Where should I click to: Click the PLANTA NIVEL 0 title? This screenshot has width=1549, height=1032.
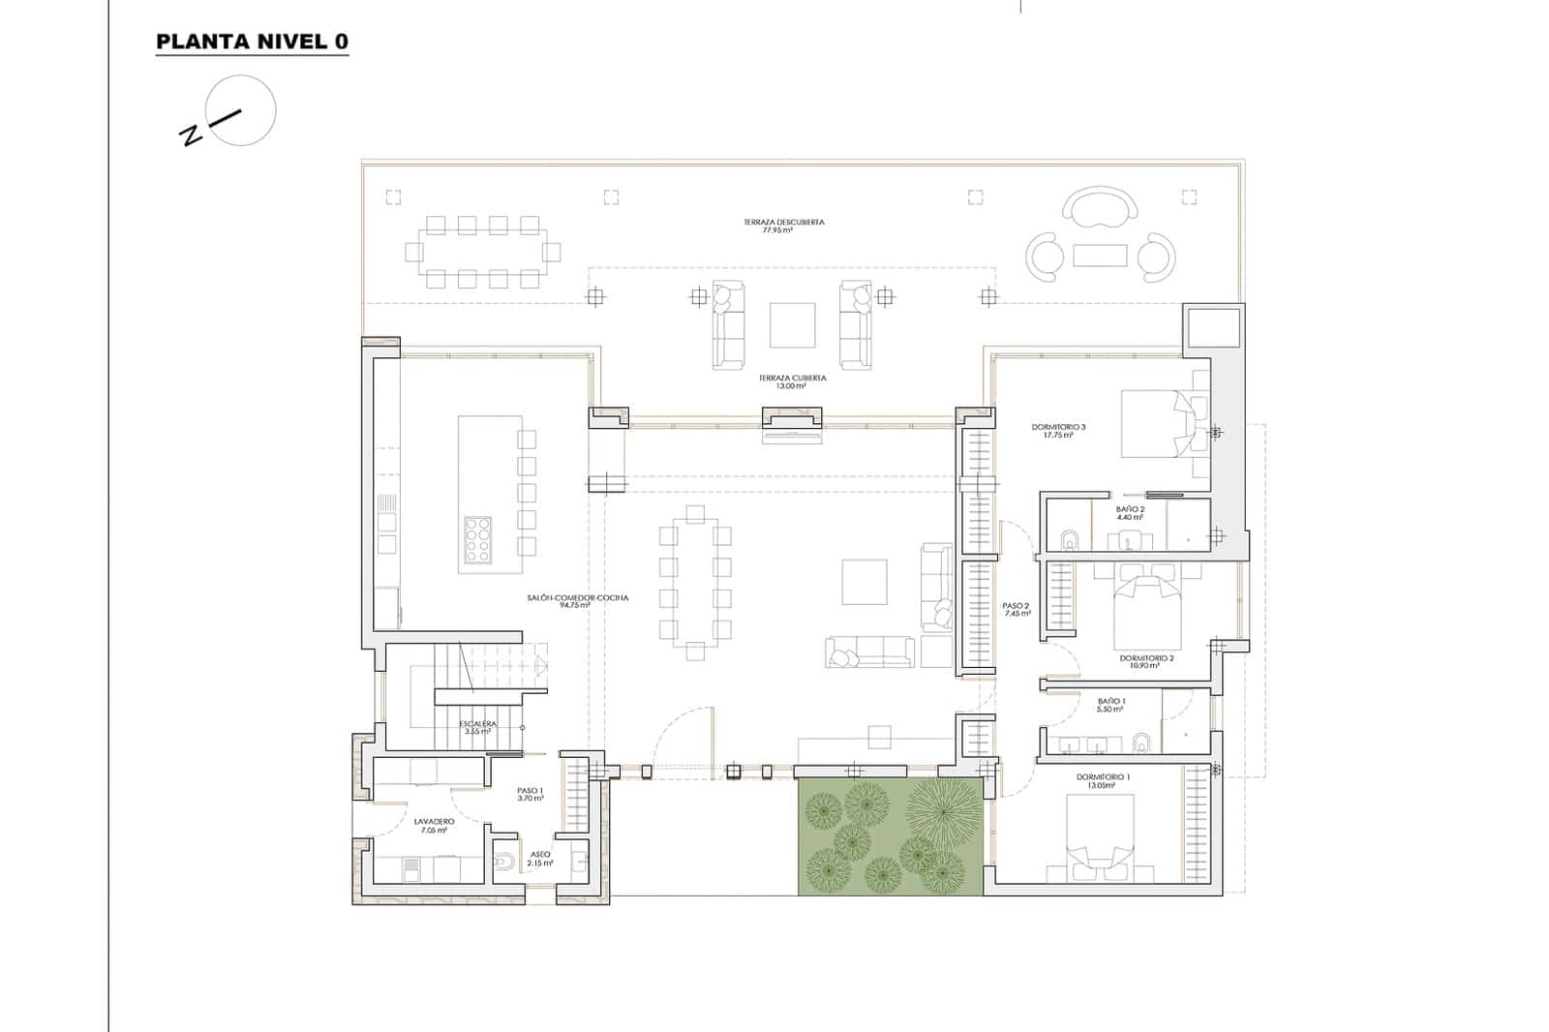pos(252,42)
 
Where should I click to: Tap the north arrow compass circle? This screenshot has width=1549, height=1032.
pos(241,110)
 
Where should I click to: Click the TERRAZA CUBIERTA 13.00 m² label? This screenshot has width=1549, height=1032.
pos(792,381)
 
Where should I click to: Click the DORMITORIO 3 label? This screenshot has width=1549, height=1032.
pos(1058,431)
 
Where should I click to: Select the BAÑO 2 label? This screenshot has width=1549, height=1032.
pos(1130,513)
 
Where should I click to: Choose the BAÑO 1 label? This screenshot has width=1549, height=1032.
pos(1111,705)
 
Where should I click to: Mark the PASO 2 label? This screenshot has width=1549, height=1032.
pos(1017,609)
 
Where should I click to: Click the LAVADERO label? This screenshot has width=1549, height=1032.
pos(434,825)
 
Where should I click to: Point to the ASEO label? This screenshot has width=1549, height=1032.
pos(539,858)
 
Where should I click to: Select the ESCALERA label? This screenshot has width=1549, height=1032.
pos(478,727)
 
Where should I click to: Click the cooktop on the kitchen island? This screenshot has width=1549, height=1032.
pos(477,540)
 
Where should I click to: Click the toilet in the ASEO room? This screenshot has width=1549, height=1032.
pos(503,861)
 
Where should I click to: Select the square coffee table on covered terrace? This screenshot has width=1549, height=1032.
pos(792,325)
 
